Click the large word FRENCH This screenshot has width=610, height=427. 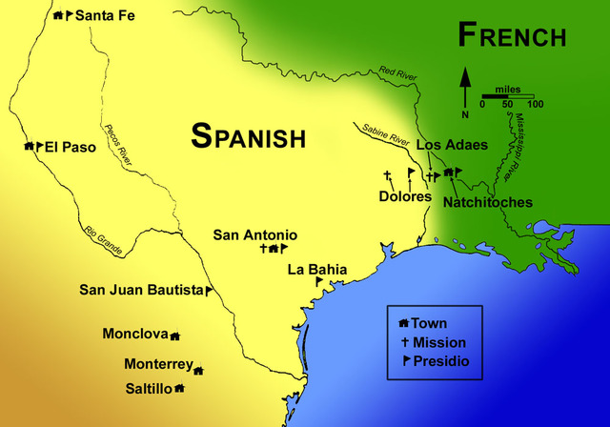click(512, 36)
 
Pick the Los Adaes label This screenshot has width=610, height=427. click(452, 145)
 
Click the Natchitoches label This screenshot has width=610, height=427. click(489, 202)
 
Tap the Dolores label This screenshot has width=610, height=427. click(405, 196)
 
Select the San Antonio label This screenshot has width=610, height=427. click(254, 234)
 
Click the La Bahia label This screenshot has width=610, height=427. click(317, 270)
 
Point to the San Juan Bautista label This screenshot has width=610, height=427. click(141, 290)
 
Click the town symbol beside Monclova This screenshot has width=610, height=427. click(174, 335)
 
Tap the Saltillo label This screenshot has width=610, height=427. click(148, 388)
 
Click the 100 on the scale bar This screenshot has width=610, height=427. click(535, 104)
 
